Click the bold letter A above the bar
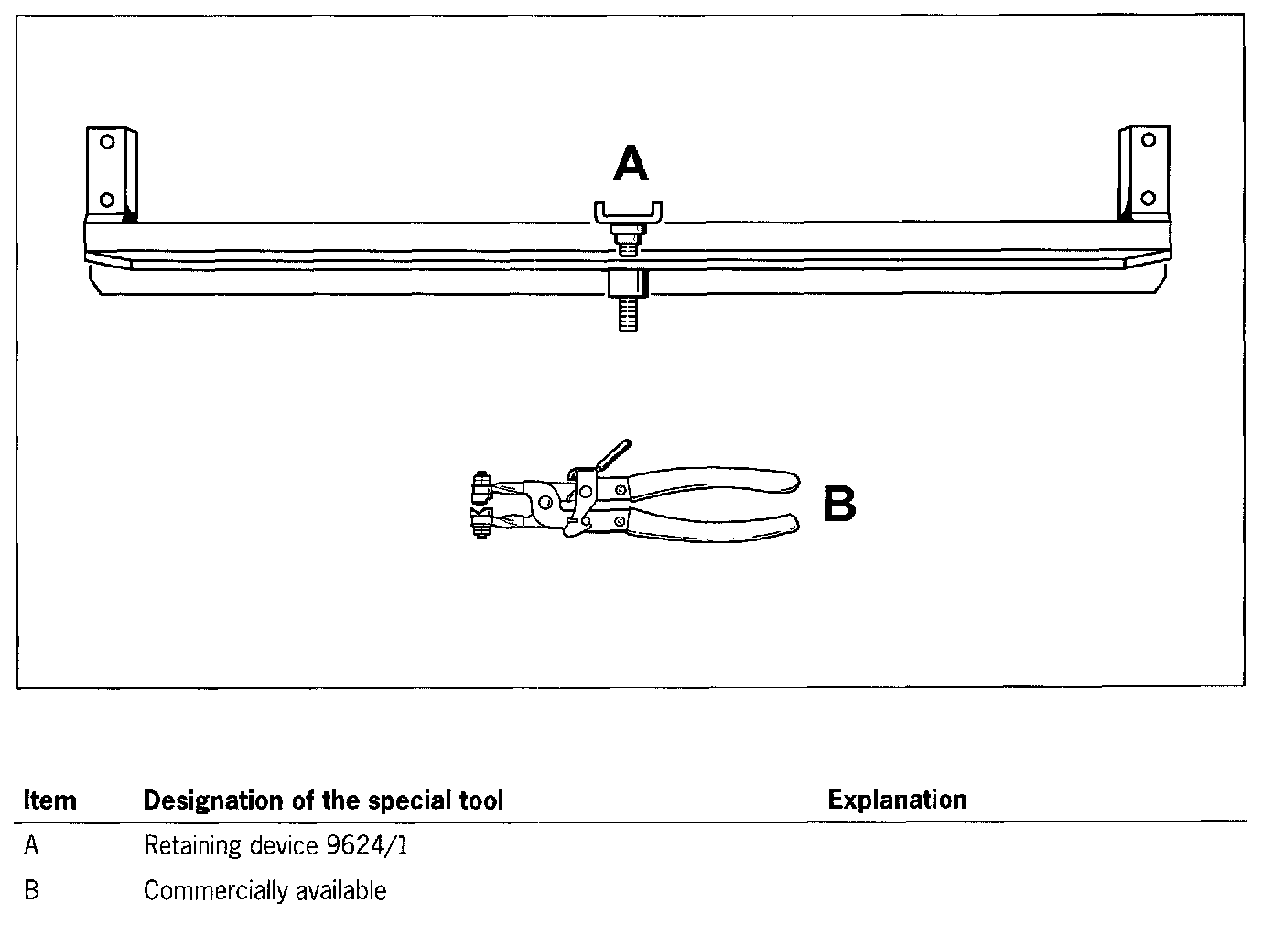tap(631, 166)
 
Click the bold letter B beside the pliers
tap(839, 505)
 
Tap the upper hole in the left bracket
tap(108, 142)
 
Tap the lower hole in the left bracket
tap(107, 199)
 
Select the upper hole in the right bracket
tap(1149, 140)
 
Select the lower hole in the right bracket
tap(1149, 198)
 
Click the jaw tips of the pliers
tap(480, 504)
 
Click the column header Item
tap(49, 800)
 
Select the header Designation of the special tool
tap(323, 800)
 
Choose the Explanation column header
tap(897, 800)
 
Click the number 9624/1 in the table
tap(366, 845)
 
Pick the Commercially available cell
tap(265, 890)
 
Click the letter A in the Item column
tap(32, 845)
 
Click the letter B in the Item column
tap(32, 890)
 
